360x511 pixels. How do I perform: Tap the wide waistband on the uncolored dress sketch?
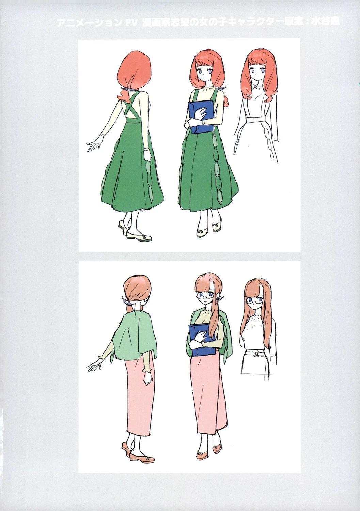256,121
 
